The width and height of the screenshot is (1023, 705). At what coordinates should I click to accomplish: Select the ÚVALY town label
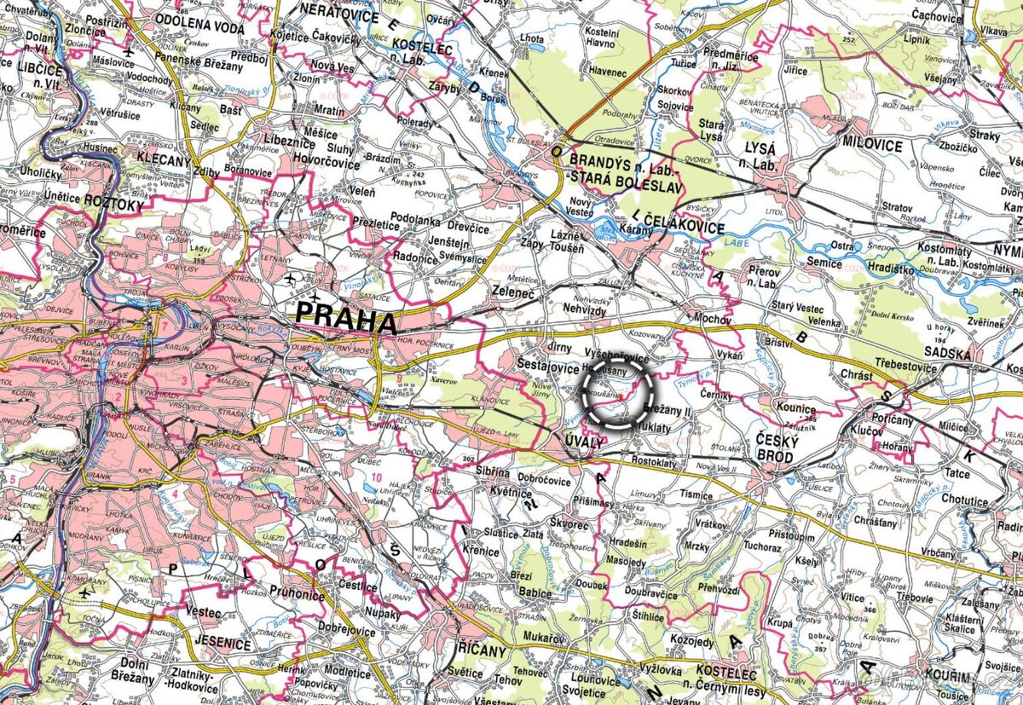click(584, 441)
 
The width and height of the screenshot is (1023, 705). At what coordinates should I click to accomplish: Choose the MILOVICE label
click(872, 146)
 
